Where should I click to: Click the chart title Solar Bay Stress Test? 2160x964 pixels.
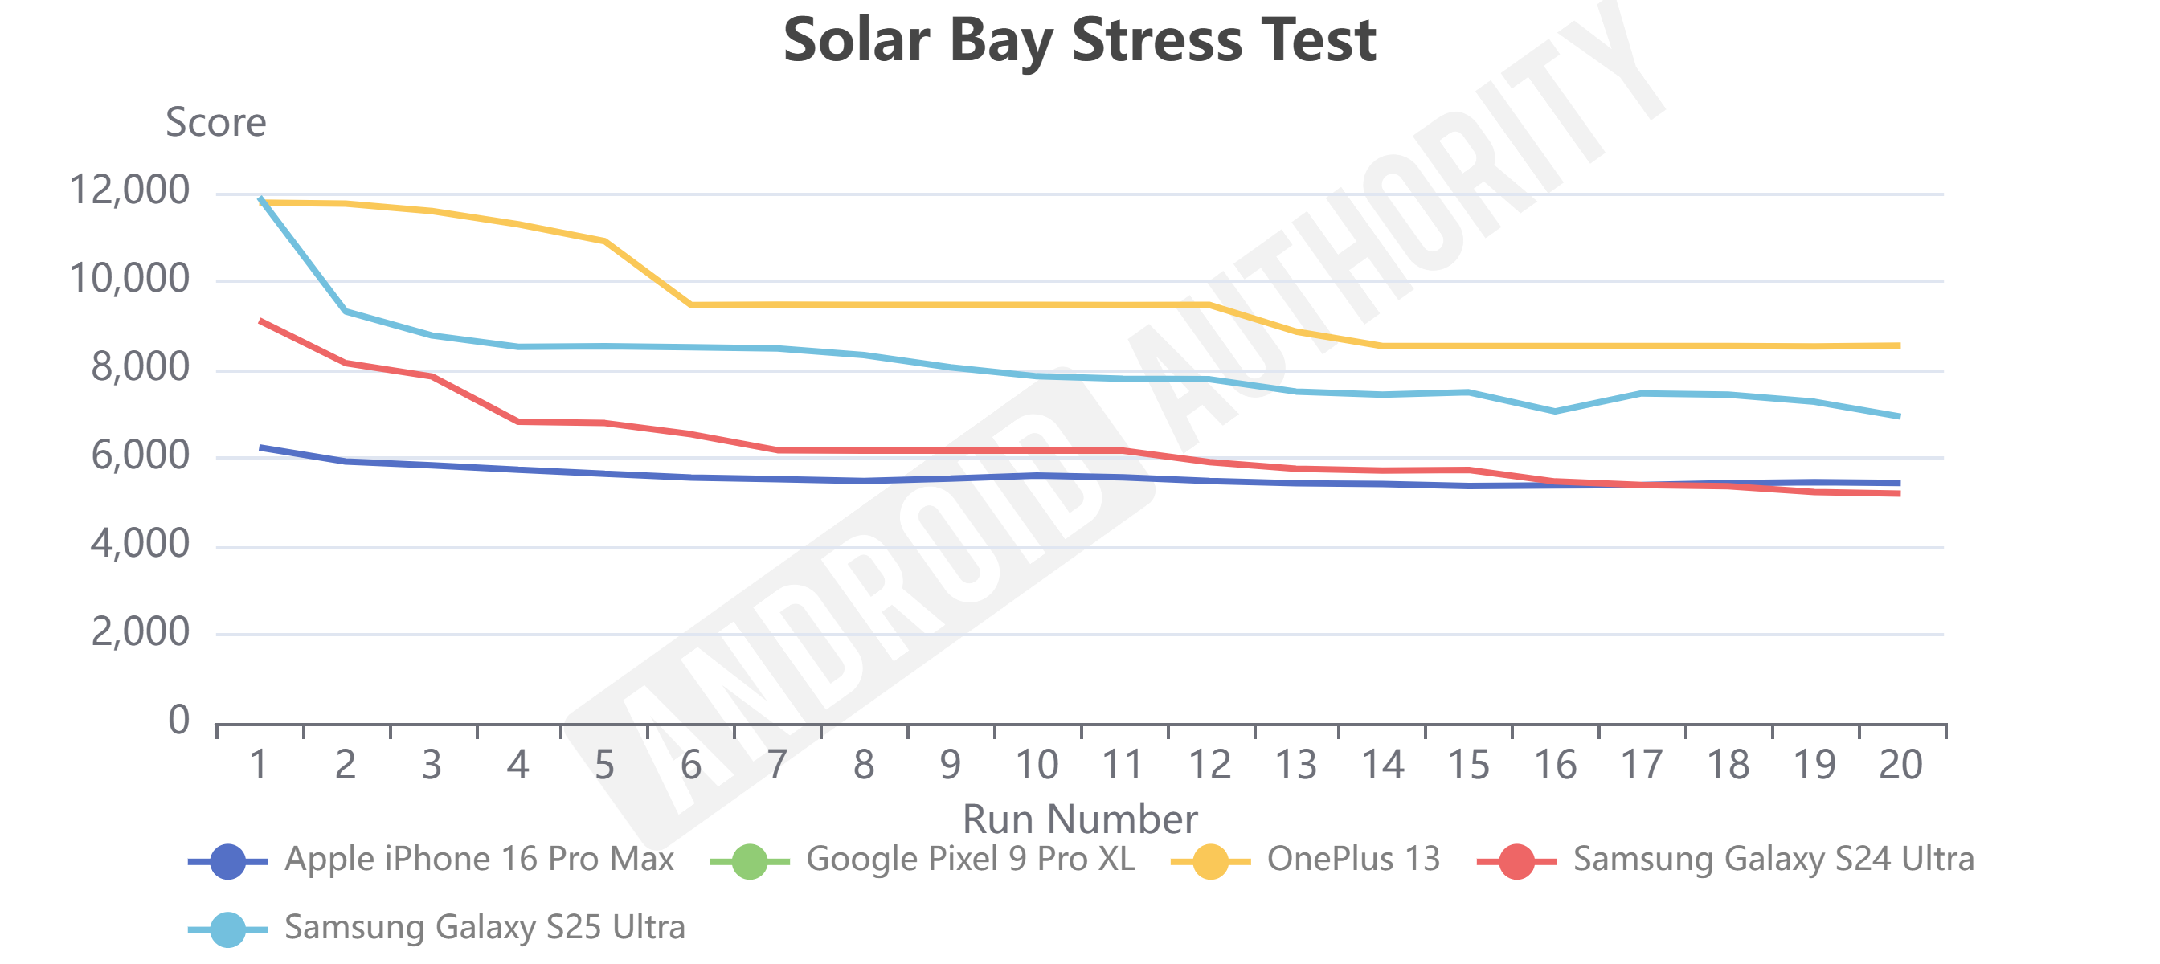click(x=1079, y=40)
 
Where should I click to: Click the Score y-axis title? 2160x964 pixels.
click(x=215, y=122)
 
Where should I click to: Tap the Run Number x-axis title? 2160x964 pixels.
click(x=1079, y=818)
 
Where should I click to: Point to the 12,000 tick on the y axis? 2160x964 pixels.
click(x=129, y=190)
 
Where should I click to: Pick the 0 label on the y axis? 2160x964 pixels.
click(x=178, y=720)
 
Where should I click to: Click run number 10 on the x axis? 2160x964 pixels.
click(x=1037, y=765)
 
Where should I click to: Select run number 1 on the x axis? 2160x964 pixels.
click(x=259, y=765)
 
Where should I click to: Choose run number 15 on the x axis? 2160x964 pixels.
click(x=1468, y=765)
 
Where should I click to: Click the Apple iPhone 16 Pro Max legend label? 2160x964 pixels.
click(x=479, y=860)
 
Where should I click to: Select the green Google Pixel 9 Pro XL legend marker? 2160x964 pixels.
click(x=749, y=861)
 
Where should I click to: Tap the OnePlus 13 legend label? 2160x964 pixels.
click(x=1352, y=860)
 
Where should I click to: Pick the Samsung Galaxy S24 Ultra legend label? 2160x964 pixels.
click(x=1773, y=860)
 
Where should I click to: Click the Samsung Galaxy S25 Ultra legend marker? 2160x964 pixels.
click(x=227, y=929)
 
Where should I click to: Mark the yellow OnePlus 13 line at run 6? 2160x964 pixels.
click(x=691, y=305)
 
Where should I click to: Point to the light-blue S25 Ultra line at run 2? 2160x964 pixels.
click(x=346, y=312)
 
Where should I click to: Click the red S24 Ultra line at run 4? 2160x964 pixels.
click(x=518, y=422)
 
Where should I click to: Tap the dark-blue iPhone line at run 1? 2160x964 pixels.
click(x=261, y=447)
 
